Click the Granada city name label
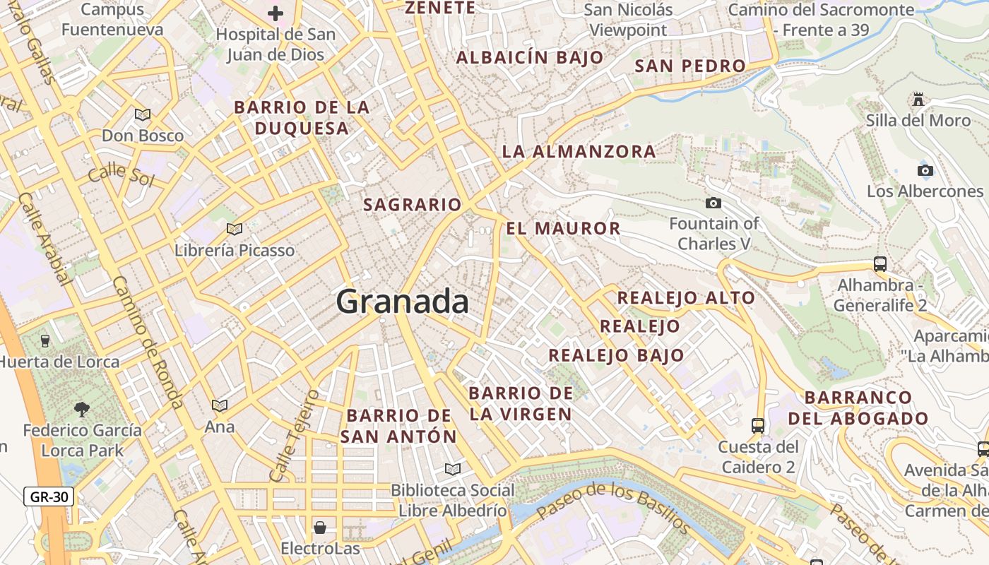point(402,302)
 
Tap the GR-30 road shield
point(49,496)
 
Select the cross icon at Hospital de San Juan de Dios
point(276,13)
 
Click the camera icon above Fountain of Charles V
point(713,203)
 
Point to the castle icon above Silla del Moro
point(918,100)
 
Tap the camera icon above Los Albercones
point(925,170)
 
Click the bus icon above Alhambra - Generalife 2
point(880,264)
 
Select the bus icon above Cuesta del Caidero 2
point(758,425)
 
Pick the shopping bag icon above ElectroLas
point(320,527)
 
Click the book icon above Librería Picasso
point(235,229)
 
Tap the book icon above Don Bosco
point(143,114)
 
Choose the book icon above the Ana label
point(220,405)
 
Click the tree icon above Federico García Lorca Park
point(82,408)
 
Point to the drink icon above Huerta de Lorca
point(46,340)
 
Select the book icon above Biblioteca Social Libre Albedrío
point(453,469)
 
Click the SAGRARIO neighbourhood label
point(412,205)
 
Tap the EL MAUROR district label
point(563,228)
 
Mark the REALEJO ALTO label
point(686,298)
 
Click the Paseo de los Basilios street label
point(612,505)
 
